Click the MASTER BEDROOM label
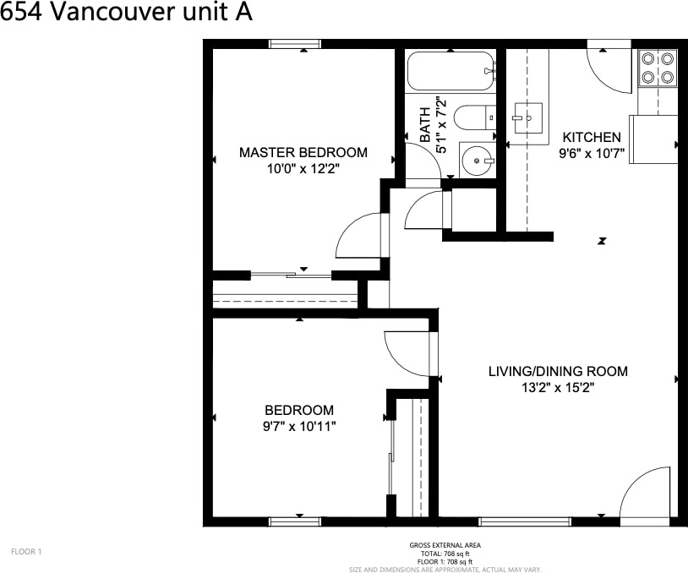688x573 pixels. click(x=303, y=152)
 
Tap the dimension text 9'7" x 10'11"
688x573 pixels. click(x=299, y=426)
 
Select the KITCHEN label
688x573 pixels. click(x=592, y=137)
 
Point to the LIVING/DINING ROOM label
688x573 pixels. click(x=558, y=371)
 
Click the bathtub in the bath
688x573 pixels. click(x=451, y=71)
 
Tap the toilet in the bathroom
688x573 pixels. click(x=475, y=117)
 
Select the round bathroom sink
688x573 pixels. click(x=478, y=161)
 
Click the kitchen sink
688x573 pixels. click(x=527, y=118)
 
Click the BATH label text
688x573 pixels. click(x=425, y=125)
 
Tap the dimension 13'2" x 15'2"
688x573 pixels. click(x=558, y=388)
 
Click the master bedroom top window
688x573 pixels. click(x=295, y=44)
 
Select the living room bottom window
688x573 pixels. click(x=525, y=521)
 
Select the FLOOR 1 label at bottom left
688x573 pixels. click(x=26, y=552)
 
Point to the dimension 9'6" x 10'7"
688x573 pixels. click(x=592, y=154)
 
